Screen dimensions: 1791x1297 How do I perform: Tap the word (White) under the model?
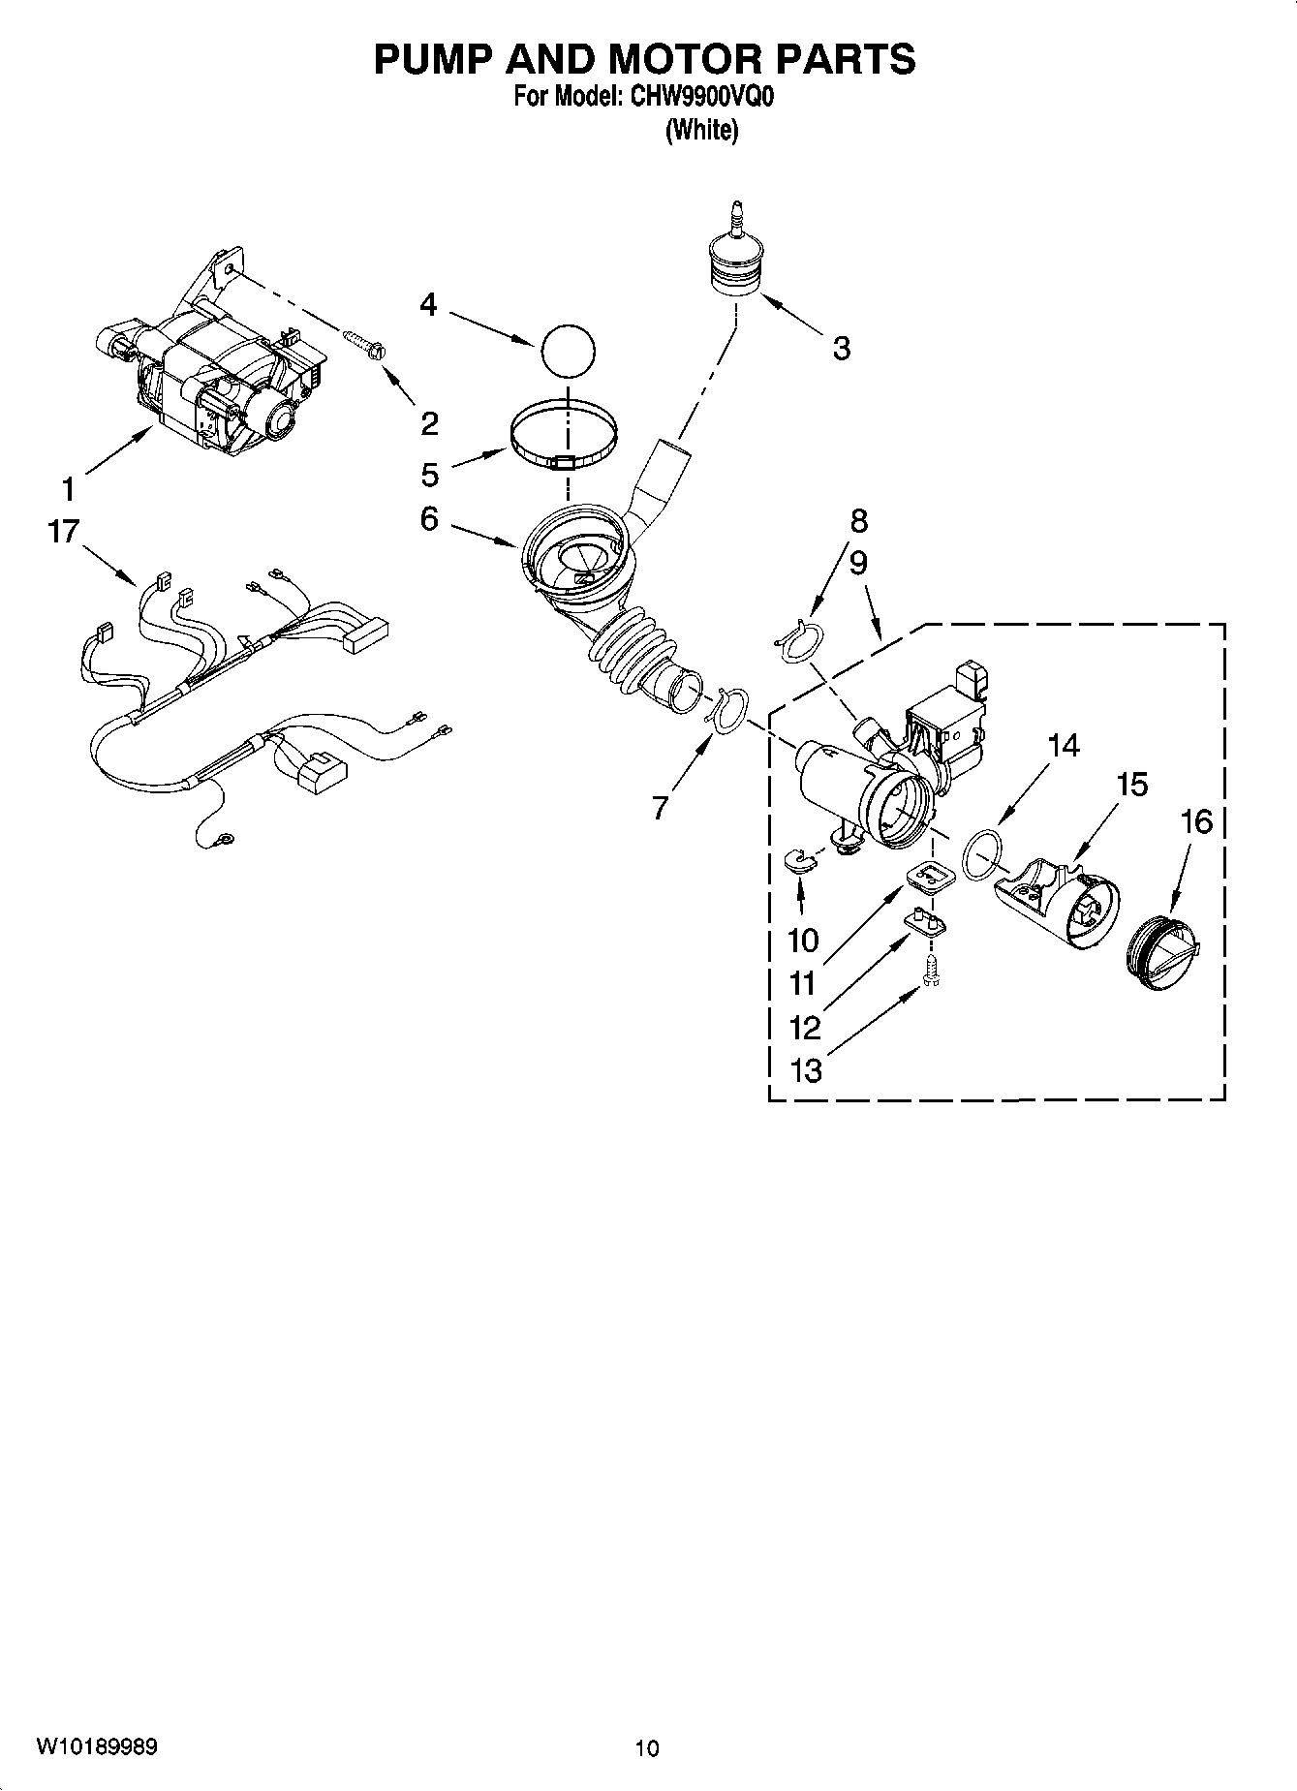pos(701,130)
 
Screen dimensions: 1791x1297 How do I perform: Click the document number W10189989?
pos(97,1746)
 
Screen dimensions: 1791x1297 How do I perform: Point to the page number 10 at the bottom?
pos(647,1748)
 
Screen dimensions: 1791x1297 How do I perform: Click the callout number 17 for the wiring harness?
pos(64,532)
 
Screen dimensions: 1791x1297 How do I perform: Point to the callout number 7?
pos(660,807)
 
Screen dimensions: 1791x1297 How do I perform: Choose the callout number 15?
pos(1131,784)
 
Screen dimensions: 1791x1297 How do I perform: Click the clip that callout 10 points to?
pos(800,858)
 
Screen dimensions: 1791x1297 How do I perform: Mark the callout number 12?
pos(805,1027)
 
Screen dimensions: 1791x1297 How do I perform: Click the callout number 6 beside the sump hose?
pos(429,519)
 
